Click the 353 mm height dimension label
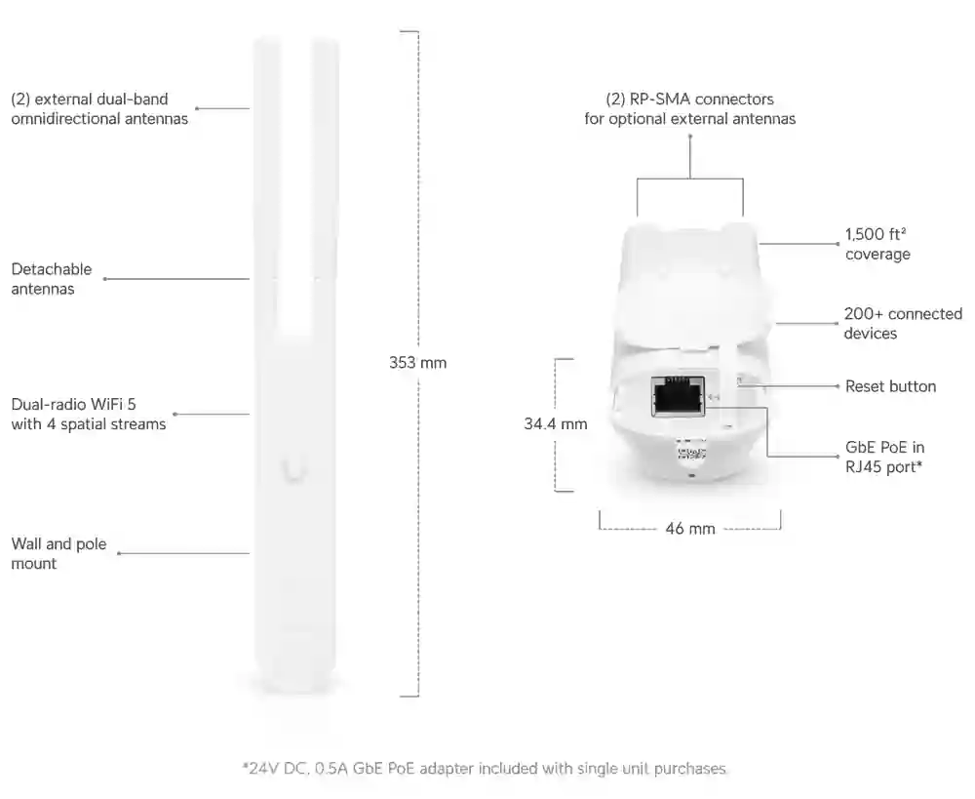[x=417, y=362]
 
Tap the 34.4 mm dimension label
[x=556, y=424]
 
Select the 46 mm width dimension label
[x=689, y=529]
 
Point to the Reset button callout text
[x=890, y=386]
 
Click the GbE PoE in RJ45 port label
[x=884, y=458]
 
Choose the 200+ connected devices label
[x=902, y=324]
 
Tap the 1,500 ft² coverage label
[x=877, y=245]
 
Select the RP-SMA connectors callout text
[x=689, y=109]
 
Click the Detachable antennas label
[x=52, y=279]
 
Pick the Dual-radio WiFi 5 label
[x=88, y=415]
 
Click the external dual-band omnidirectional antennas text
[x=99, y=109]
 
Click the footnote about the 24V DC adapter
[x=485, y=769]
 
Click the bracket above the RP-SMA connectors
[x=689, y=179]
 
